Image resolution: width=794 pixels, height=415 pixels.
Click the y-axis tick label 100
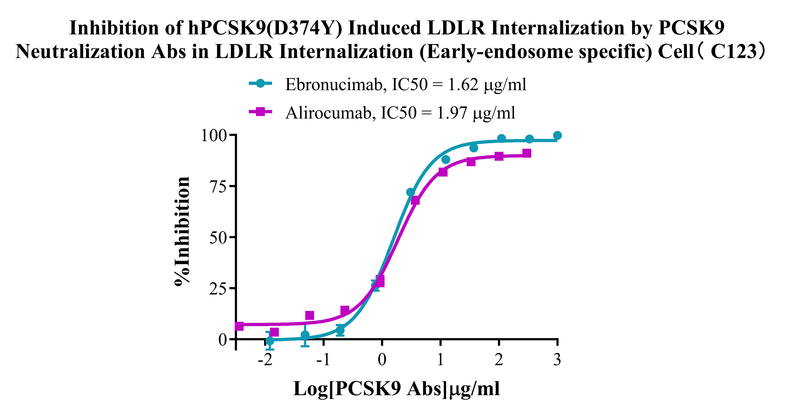pyautogui.click(x=214, y=135)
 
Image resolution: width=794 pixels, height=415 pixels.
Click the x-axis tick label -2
pyautogui.click(x=265, y=359)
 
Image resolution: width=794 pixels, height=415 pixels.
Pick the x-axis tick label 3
pyautogui.click(x=557, y=359)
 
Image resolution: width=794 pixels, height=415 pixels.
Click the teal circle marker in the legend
pyautogui.click(x=260, y=83)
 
